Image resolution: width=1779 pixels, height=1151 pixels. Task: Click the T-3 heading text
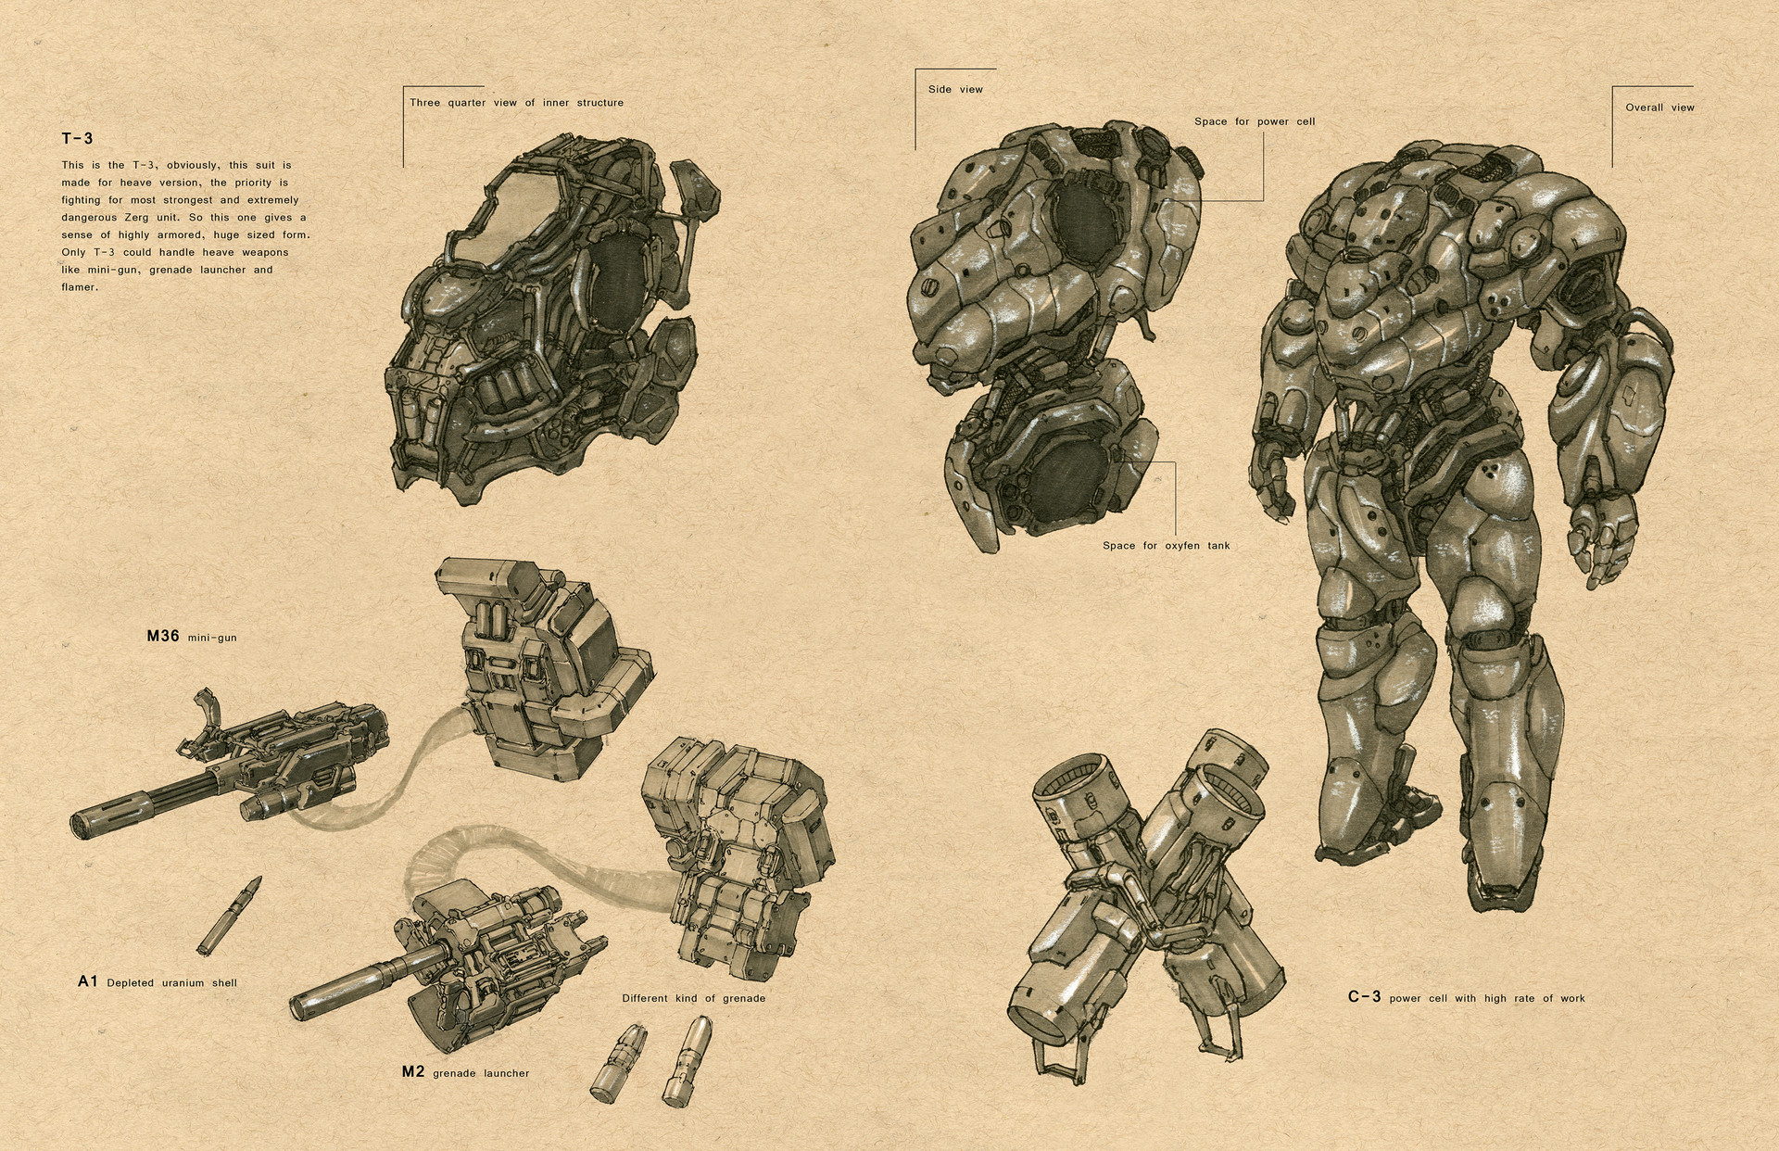pyautogui.click(x=78, y=139)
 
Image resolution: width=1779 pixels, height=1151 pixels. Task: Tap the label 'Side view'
pyautogui.click(x=955, y=90)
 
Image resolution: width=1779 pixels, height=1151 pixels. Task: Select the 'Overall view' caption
pyautogui.click(x=1659, y=108)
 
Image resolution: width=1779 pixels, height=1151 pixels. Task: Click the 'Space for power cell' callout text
pyautogui.click(x=1255, y=121)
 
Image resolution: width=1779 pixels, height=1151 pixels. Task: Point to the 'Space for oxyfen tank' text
pyautogui.click(x=1166, y=546)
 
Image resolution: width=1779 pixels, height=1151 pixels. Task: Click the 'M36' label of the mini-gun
pyautogui.click(x=162, y=637)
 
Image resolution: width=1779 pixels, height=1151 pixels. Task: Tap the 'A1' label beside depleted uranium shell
pyautogui.click(x=88, y=981)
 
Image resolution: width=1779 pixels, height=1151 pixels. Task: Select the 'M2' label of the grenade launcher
pyautogui.click(x=413, y=1072)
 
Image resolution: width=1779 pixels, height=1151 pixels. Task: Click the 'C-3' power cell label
pyautogui.click(x=1364, y=997)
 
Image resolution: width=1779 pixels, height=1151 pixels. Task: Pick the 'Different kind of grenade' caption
pyautogui.click(x=693, y=998)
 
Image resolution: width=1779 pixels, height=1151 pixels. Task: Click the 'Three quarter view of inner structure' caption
pyautogui.click(x=516, y=103)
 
